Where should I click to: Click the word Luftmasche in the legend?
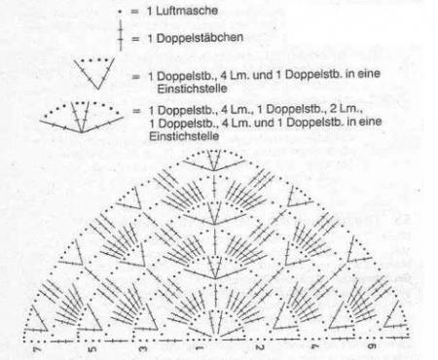[x=187, y=11]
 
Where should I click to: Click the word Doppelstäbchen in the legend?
[x=200, y=38]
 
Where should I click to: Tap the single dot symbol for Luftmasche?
[x=120, y=12]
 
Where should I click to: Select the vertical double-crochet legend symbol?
[x=121, y=35]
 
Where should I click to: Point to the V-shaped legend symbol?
[x=94, y=73]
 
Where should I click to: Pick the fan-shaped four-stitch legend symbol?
[x=82, y=117]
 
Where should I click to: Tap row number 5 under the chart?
[x=92, y=349]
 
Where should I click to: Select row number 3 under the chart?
[x=143, y=349]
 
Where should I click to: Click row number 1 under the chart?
[x=200, y=348]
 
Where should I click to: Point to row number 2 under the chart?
[x=259, y=348]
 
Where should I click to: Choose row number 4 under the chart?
[x=314, y=347]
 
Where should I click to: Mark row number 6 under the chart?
[x=372, y=346]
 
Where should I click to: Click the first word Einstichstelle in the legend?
[x=192, y=89]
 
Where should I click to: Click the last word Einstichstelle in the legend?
[x=184, y=136]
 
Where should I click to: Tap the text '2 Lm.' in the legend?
[x=346, y=109]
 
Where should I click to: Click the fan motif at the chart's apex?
[x=213, y=161]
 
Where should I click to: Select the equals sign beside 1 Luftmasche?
[x=134, y=12]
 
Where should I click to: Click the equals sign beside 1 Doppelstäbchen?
[x=135, y=39]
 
